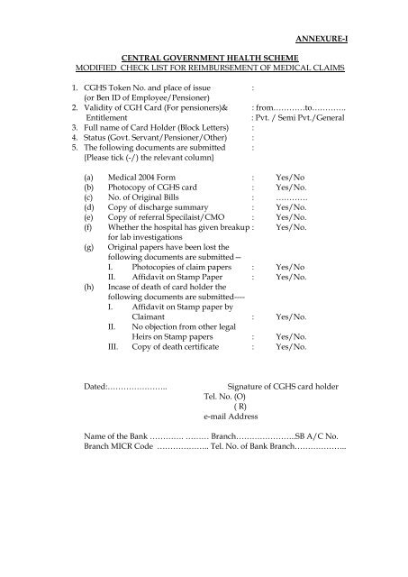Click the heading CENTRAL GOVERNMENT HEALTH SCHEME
(203, 56)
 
